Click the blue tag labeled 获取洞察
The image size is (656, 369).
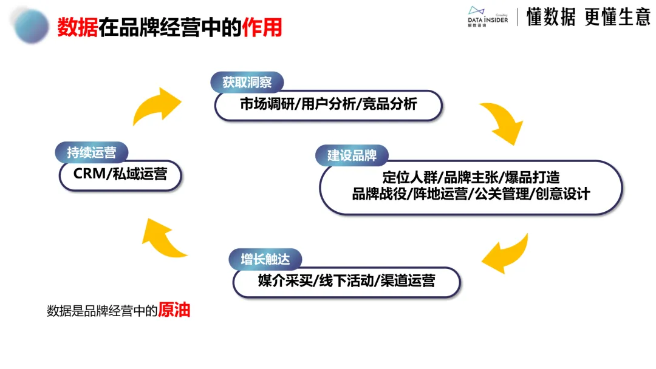247,83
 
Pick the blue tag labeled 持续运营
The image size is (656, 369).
91,152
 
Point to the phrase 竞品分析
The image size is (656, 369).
390,104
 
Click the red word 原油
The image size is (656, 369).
174,310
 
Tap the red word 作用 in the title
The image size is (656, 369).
262,27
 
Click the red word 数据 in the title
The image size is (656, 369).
78,27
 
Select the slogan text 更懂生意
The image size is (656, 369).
617,18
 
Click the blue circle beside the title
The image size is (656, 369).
32,25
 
